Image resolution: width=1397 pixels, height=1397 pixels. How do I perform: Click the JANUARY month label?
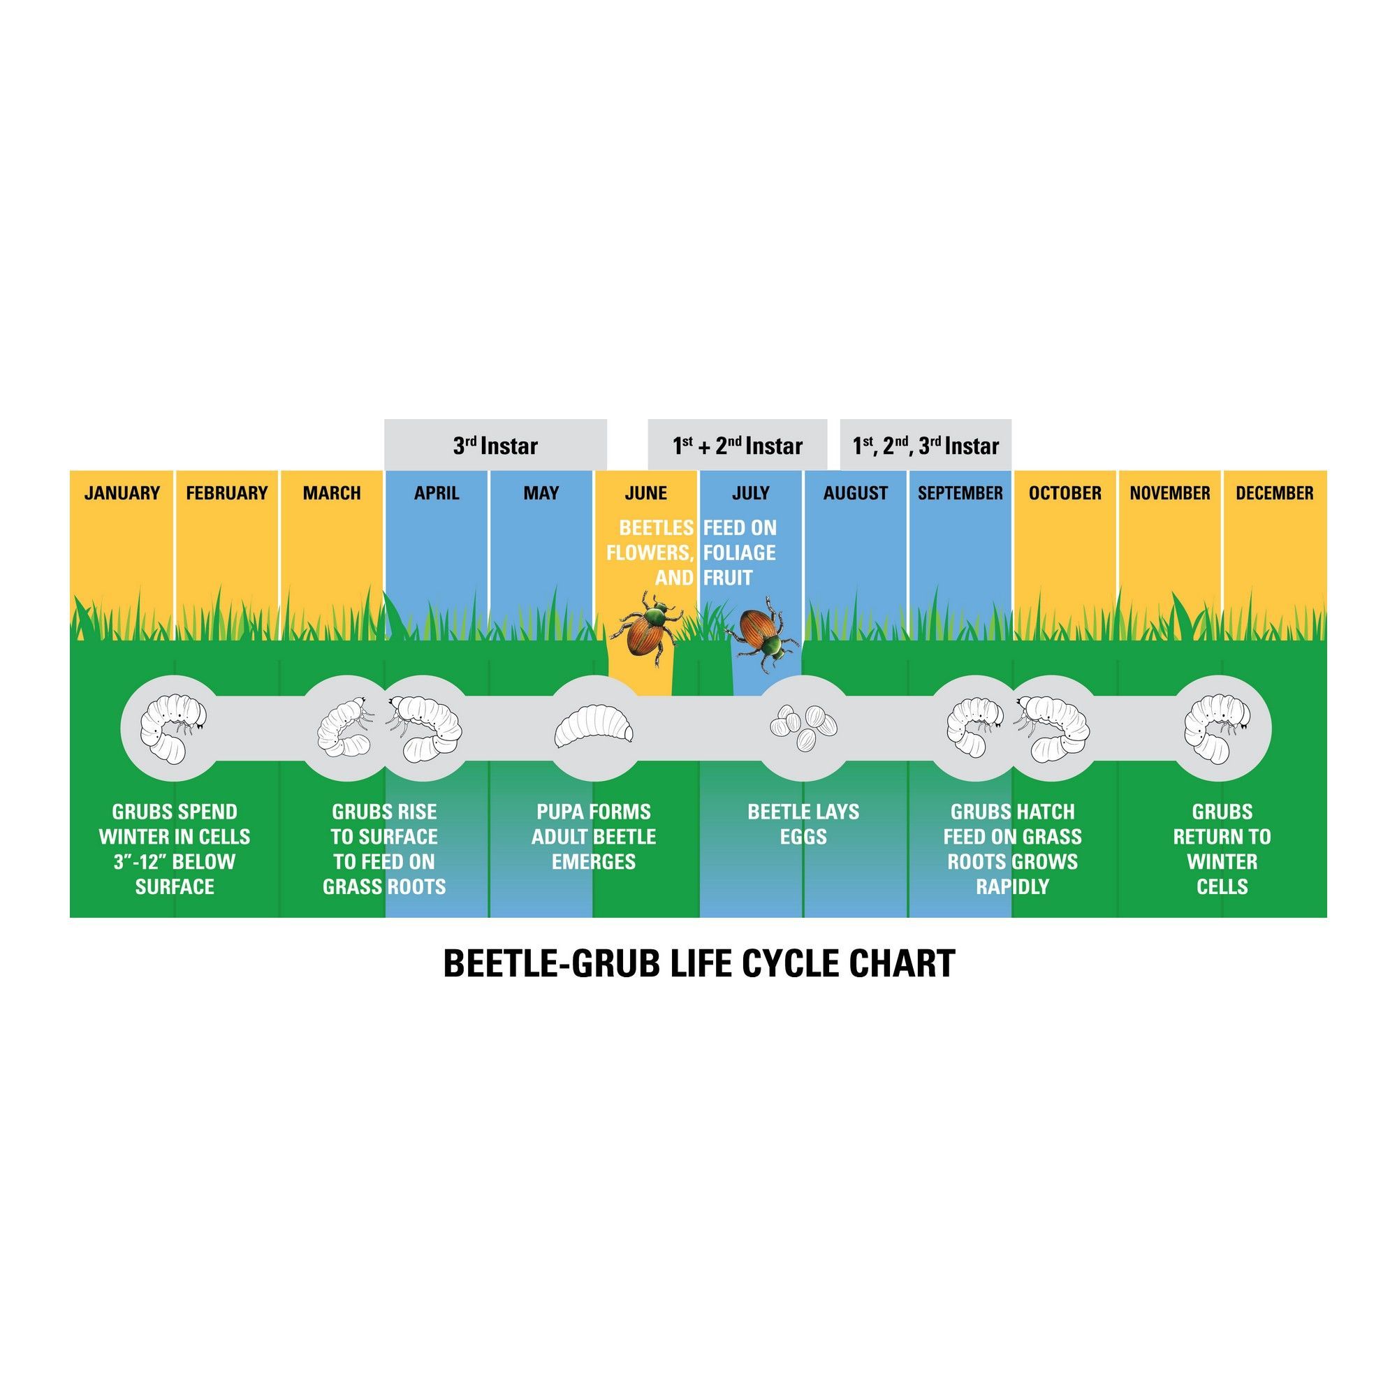[122, 493]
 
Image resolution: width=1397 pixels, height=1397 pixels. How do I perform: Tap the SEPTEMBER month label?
[960, 493]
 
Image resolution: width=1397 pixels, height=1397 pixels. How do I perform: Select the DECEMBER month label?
[1274, 493]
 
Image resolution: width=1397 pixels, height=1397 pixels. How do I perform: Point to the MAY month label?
[541, 493]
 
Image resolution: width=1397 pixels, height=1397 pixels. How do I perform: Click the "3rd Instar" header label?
[495, 446]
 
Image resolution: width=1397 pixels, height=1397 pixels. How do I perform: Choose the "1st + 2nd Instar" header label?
[737, 446]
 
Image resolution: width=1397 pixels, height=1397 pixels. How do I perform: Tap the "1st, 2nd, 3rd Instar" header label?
[925, 446]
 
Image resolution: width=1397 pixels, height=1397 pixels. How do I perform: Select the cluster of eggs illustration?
[803, 726]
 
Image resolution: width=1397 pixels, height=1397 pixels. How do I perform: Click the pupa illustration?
[594, 726]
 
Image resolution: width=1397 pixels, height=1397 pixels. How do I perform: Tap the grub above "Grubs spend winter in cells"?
[173, 727]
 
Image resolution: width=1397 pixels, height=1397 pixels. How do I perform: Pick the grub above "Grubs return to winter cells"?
[1222, 727]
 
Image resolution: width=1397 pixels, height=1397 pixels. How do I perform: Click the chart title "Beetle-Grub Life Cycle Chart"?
[698, 964]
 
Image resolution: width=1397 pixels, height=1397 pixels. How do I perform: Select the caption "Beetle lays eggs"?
[803, 824]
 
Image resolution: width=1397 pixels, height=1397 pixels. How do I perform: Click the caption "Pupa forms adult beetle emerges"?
[594, 837]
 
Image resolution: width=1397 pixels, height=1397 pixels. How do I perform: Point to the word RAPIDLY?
[1011, 886]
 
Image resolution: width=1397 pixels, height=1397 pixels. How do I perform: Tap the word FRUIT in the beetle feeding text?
[728, 578]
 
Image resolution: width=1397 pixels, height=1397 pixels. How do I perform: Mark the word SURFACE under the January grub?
[174, 886]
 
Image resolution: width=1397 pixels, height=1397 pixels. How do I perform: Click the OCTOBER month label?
[1065, 493]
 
